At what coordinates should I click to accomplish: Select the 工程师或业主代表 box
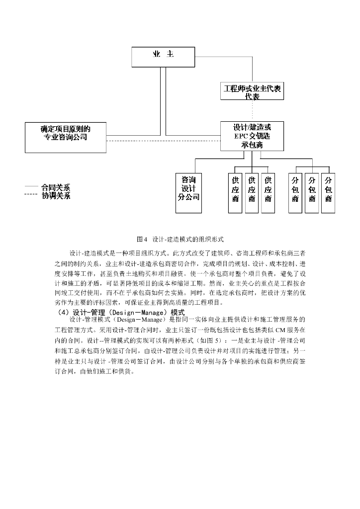[252, 92]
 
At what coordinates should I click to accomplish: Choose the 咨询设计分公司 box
[189, 192]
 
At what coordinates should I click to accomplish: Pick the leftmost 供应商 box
[235, 192]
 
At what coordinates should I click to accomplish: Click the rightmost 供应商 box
[268, 192]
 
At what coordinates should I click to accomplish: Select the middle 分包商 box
[312, 192]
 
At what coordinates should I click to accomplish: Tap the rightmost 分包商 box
[328, 192]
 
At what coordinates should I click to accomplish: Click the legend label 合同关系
[56, 188]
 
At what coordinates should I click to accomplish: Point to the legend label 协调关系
[56, 196]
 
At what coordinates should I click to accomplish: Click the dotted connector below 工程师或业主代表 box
[252, 111]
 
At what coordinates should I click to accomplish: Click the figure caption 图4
[143, 239]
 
